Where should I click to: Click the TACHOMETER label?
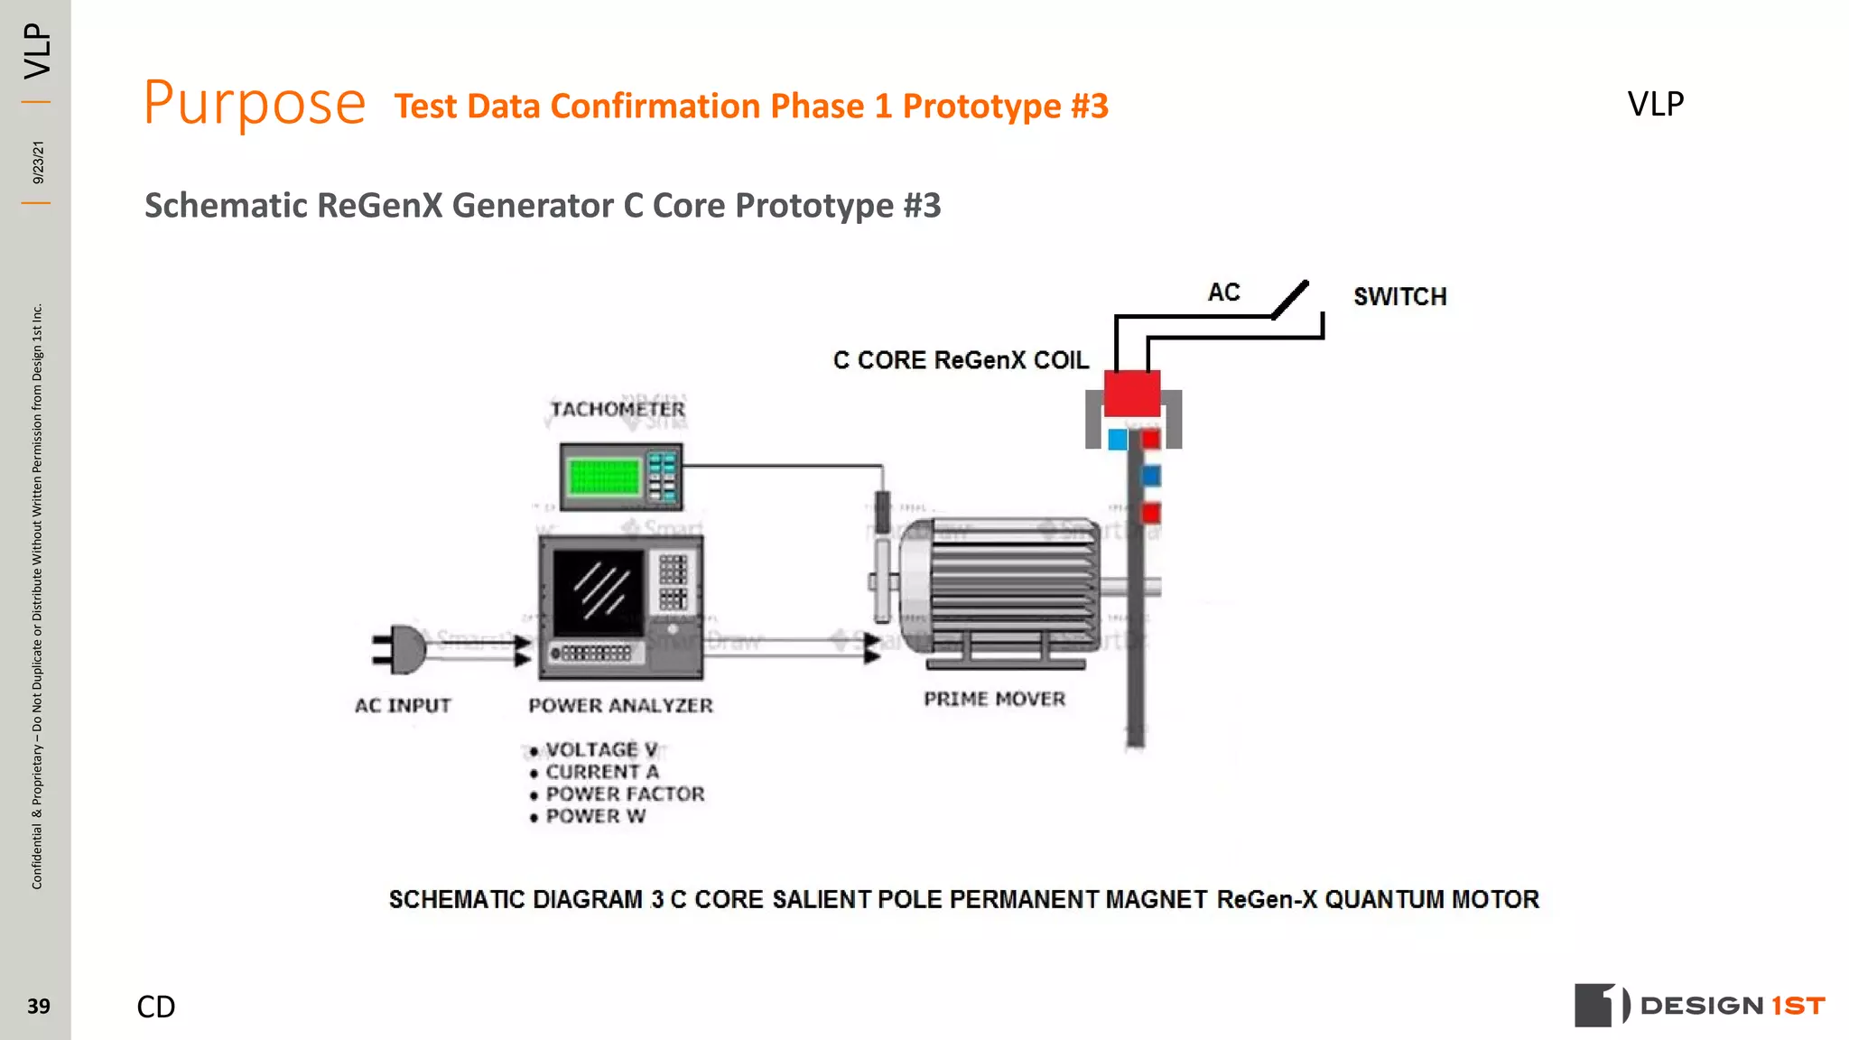click(x=618, y=409)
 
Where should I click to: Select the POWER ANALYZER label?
click(x=620, y=705)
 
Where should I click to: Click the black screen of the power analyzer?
click(x=597, y=591)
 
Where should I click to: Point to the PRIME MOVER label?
click(x=994, y=699)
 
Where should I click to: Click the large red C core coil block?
click(x=1132, y=393)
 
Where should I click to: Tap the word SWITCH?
click(x=1399, y=296)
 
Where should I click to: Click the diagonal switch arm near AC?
click(x=1290, y=300)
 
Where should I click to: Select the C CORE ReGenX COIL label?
click(x=961, y=360)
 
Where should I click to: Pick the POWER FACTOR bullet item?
click(x=624, y=794)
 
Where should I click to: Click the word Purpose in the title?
click(x=255, y=104)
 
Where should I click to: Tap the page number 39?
click(x=38, y=1006)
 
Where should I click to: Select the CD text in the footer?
click(x=155, y=1006)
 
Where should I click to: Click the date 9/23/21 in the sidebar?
click(x=38, y=162)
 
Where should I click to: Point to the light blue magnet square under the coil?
click(x=1118, y=440)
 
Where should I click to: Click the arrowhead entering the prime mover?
click(x=871, y=647)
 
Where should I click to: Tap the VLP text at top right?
click(x=1655, y=104)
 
